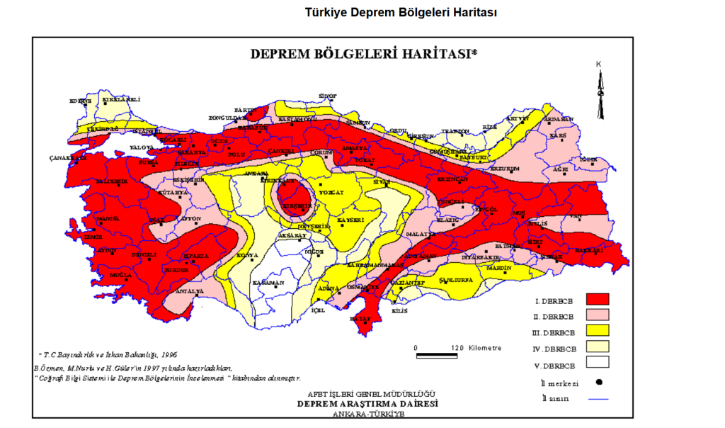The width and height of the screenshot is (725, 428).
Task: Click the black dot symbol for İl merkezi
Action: point(598,383)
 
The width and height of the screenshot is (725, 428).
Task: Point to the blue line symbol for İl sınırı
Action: point(598,399)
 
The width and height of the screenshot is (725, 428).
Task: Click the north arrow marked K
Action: point(600,92)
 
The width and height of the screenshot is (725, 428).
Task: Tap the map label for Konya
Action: point(247,255)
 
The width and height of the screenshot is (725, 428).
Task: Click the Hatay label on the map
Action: point(360,319)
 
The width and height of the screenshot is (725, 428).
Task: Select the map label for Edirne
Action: point(80,101)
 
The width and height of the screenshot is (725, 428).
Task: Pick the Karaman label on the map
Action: point(268,283)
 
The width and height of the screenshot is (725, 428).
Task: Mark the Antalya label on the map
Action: point(190,291)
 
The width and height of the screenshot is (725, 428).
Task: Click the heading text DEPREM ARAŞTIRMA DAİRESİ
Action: point(367,403)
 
